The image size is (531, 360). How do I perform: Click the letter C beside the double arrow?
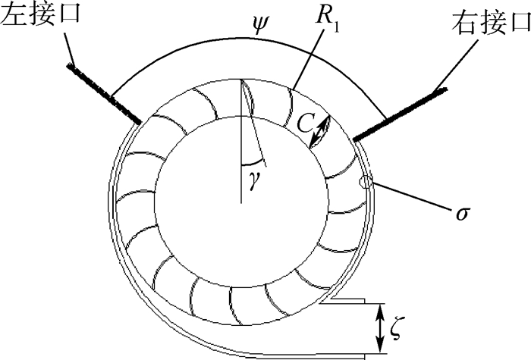(307, 124)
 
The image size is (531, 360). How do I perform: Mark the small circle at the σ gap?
(367, 182)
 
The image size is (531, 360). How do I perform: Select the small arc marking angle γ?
(254, 162)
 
